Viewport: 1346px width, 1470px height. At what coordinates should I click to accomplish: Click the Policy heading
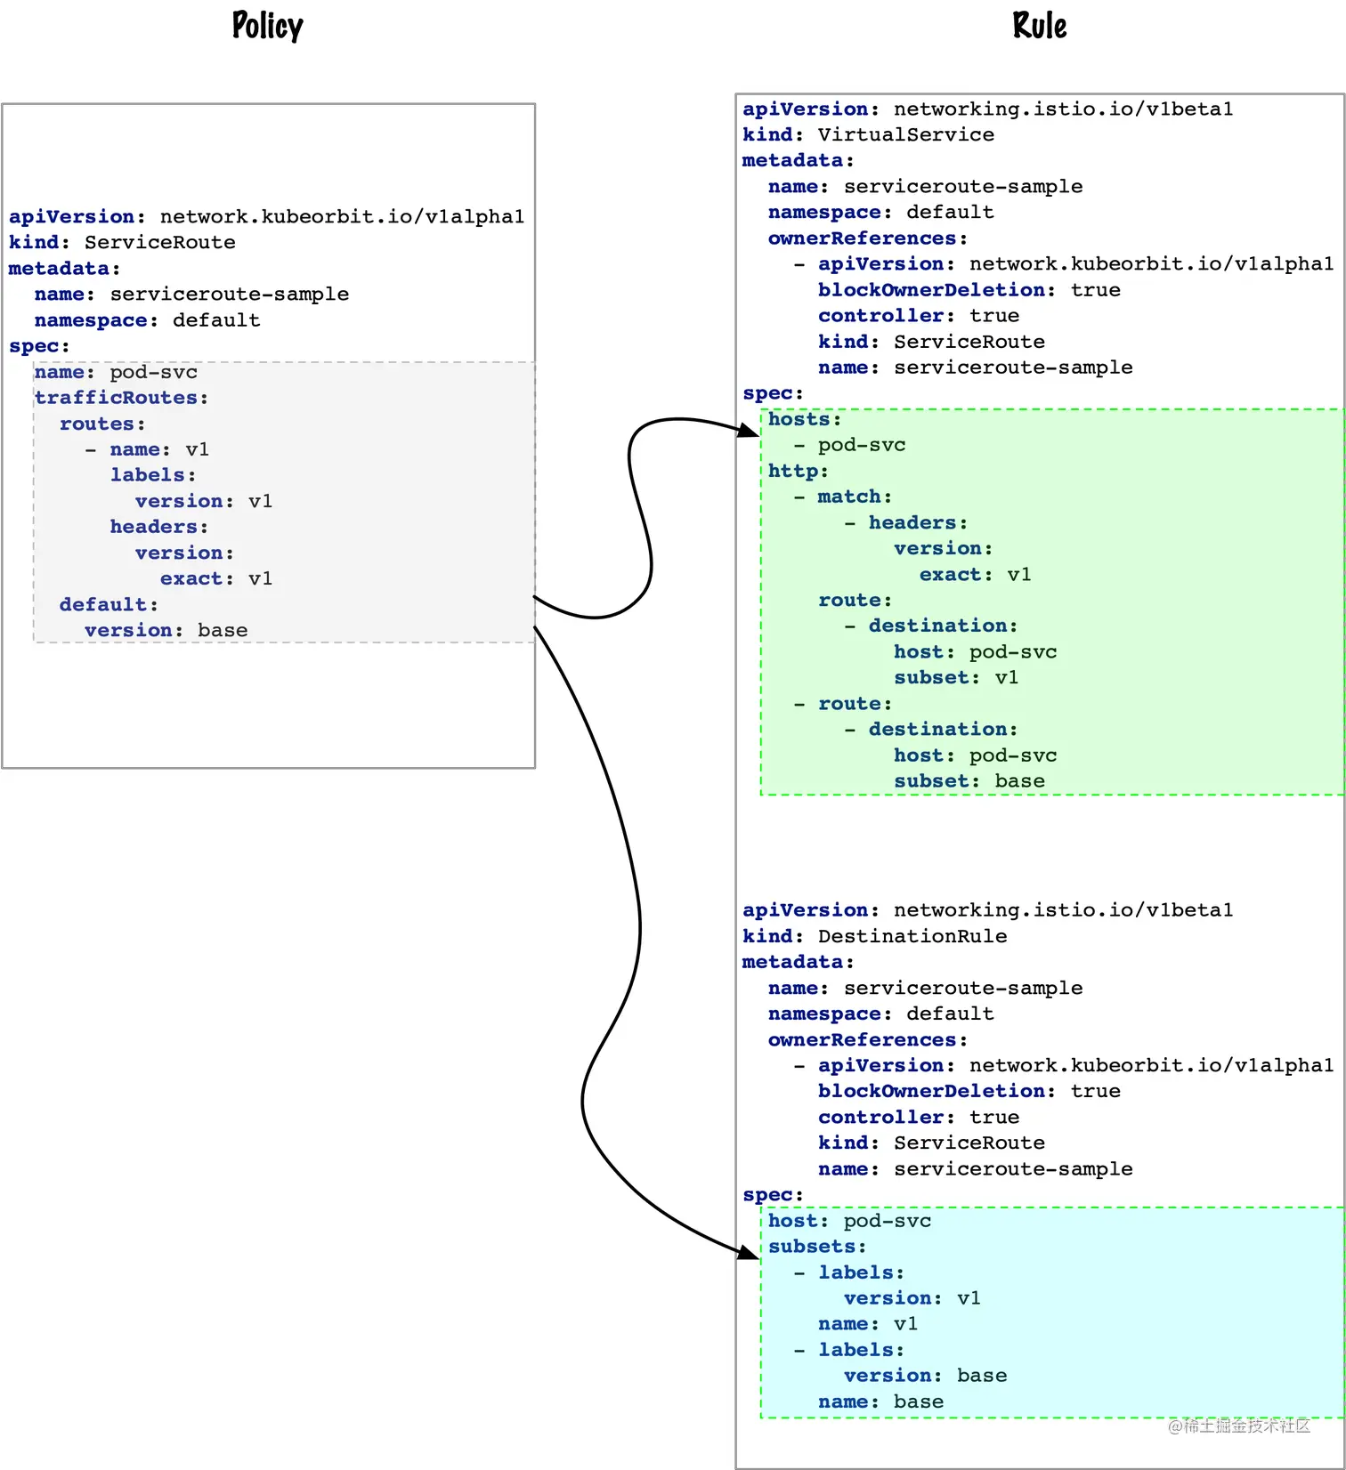pyautogui.click(x=267, y=26)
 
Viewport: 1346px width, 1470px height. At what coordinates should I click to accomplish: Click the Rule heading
pyautogui.click(x=1039, y=26)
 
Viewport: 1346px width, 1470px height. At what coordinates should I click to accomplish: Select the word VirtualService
pyautogui.click(x=905, y=134)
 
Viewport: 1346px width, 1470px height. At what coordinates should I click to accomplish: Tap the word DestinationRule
pyautogui.click(x=912, y=936)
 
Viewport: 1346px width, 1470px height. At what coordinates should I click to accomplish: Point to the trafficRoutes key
pyautogui.click(x=116, y=398)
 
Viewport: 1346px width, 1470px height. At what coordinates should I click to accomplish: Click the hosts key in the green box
pyautogui.click(x=799, y=419)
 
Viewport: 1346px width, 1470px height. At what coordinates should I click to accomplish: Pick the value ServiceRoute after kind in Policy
pyautogui.click(x=159, y=242)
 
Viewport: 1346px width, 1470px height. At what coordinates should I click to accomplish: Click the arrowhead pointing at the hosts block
pyautogui.click(x=750, y=431)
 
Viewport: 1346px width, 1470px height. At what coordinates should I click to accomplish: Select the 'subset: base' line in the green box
pyautogui.click(x=969, y=781)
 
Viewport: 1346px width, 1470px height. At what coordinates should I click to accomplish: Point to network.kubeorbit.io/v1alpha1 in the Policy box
pyautogui.click(x=342, y=216)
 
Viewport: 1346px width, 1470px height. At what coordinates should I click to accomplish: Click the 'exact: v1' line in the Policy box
pyautogui.click(x=215, y=579)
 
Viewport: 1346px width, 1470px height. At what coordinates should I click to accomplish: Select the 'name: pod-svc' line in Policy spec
pyautogui.click(x=116, y=372)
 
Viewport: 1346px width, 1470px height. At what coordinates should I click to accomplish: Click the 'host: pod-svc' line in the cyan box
pyautogui.click(x=849, y=1221)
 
